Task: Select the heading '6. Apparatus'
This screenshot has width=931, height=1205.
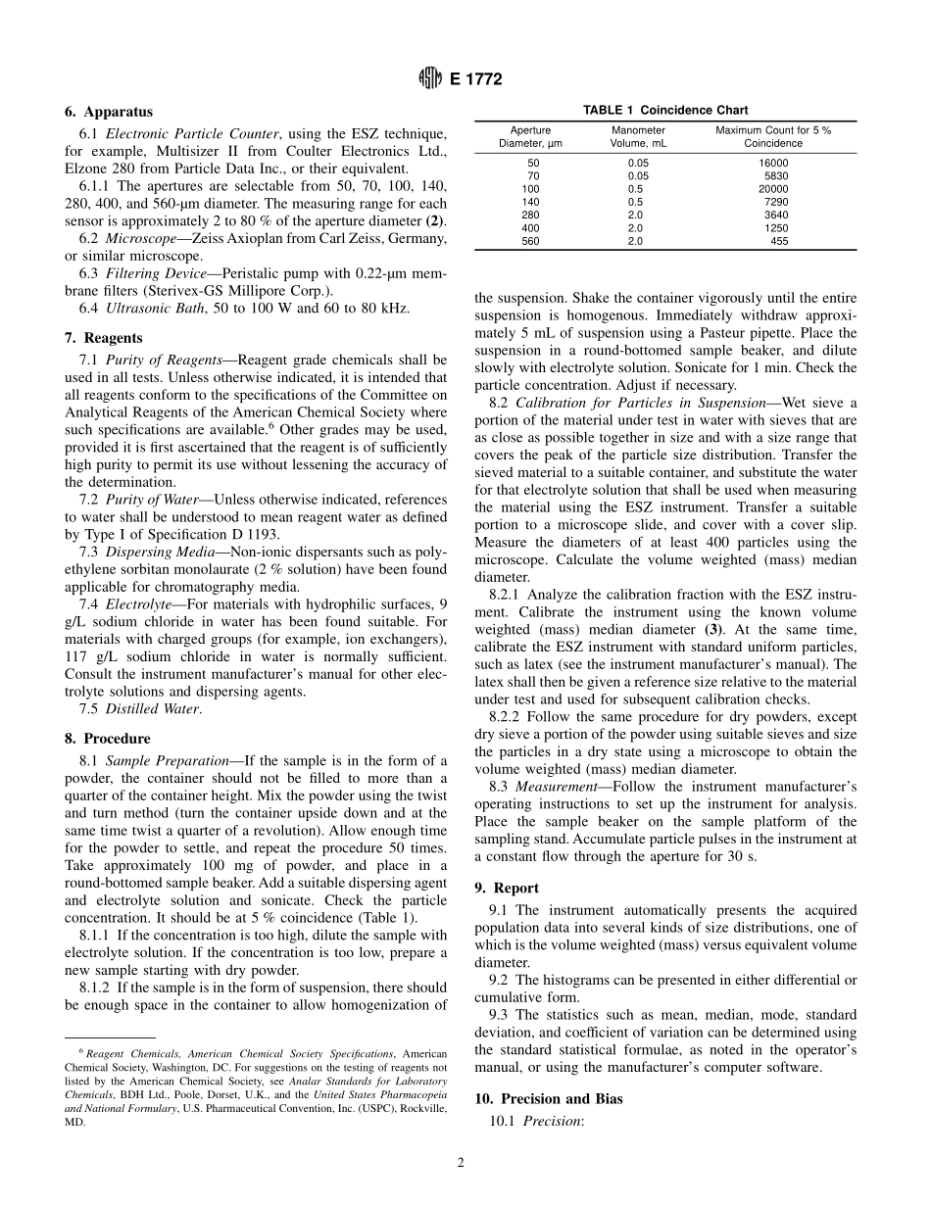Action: [x=109, y=113]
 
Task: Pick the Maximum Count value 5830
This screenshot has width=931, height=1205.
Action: [x=775, y=175]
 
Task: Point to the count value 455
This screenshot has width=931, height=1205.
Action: [x=778, y=241]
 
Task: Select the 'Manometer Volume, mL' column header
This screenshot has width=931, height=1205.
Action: [x=638, y=136]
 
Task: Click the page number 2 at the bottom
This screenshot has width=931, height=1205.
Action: [x=461, y=1163]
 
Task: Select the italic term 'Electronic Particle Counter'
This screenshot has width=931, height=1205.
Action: [x=192, y=132]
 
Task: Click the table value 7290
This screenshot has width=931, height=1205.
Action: [x=775, y=202]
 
